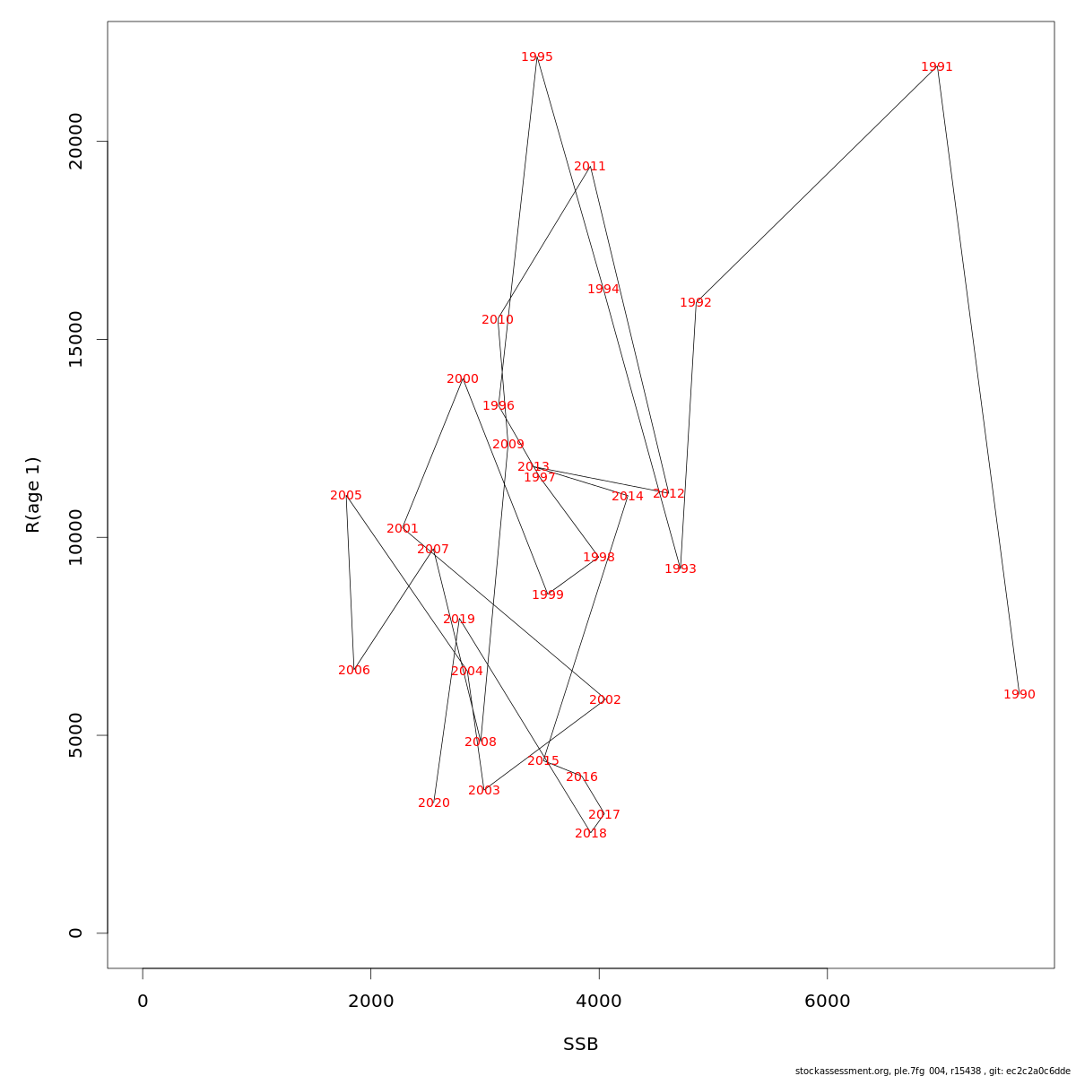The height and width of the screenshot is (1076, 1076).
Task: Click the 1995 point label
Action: [537, 57]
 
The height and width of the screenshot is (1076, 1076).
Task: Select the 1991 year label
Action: [937, 67]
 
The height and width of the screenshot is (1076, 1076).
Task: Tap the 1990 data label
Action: [1020, 695]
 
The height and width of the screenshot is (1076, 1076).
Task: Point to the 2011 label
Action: [590, 167]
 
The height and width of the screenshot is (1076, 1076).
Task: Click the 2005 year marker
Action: [346, 496]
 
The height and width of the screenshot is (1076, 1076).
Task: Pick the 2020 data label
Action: [434, 803]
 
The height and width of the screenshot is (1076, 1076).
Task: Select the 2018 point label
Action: [591, 834]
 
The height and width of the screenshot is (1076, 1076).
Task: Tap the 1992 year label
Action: [696, 303]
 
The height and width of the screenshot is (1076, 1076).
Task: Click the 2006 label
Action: [354, 671]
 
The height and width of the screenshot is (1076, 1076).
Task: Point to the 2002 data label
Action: [605, 700]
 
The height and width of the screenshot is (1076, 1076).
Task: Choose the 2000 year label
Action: [463, 379]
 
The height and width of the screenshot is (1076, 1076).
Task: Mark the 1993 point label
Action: [681, 569]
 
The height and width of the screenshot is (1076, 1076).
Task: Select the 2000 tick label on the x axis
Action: [371, 1002]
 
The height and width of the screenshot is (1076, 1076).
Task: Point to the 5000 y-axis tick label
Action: [76, 735]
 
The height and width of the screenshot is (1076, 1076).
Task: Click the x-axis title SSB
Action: [581, 1045]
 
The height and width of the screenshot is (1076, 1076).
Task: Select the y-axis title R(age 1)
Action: [33, 495]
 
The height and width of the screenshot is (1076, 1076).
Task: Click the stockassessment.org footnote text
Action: [933, 1071]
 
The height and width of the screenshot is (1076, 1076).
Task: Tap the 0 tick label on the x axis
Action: [143, 1002]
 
